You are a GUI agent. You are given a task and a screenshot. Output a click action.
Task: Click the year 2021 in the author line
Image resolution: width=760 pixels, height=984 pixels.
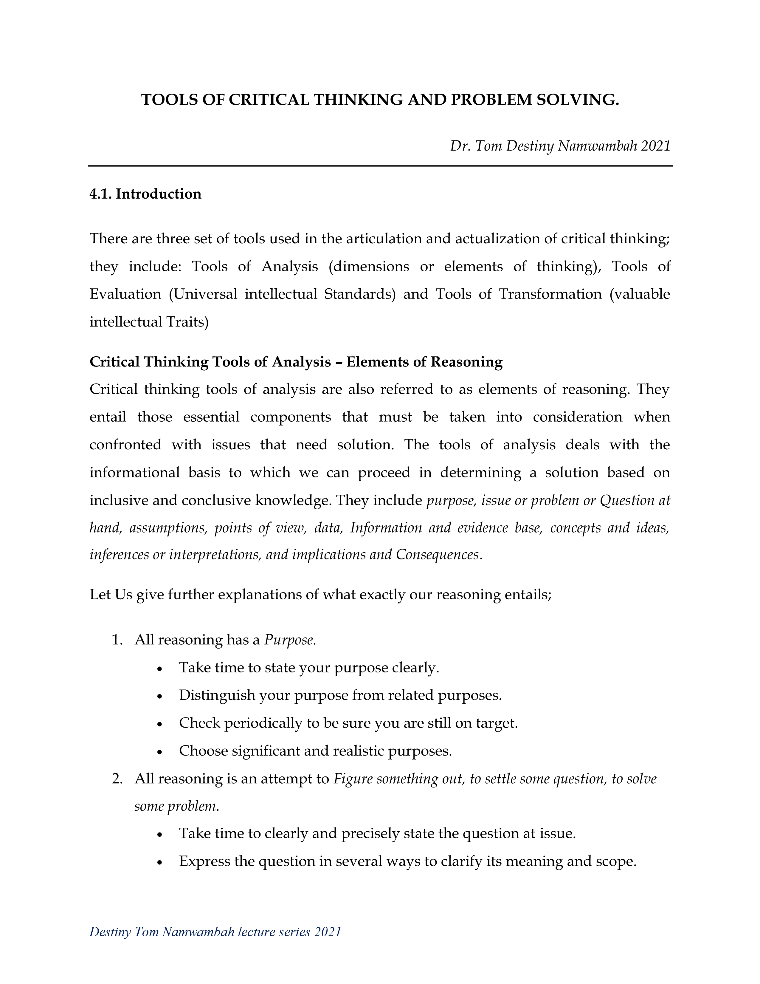(656, 146)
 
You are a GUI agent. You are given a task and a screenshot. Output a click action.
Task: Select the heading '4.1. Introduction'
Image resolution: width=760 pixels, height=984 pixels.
(145, 194)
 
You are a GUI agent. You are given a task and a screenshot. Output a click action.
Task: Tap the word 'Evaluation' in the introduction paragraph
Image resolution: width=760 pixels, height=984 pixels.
(125, 294)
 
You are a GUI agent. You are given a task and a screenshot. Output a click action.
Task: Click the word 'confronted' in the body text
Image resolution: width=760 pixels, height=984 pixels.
(125, 445)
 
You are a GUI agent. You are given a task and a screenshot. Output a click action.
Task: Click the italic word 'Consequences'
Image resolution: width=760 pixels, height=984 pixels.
(437, 555)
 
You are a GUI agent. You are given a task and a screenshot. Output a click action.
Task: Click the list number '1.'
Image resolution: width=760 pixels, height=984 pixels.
(117, 640)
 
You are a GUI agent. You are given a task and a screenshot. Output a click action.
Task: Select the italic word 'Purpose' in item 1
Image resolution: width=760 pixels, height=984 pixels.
(289, 640)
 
